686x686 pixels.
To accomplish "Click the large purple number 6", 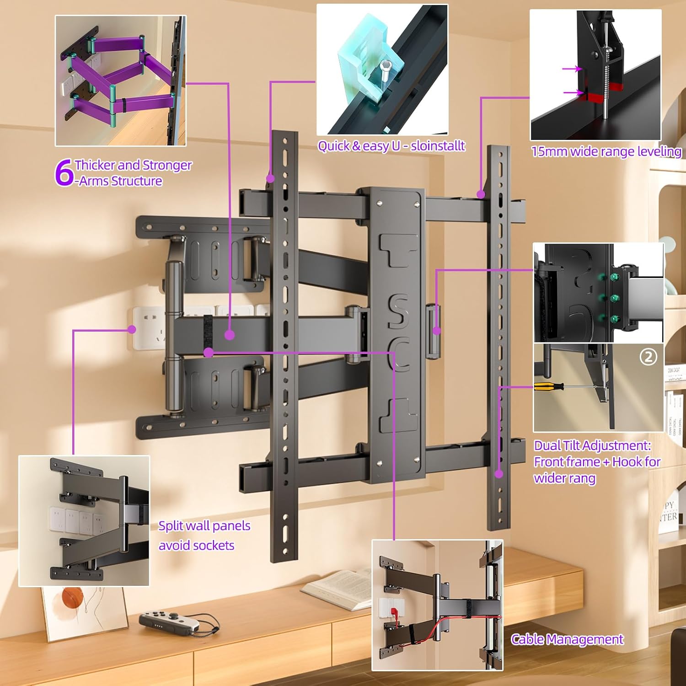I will click(x=64, y=173).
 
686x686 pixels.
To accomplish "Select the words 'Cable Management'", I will click(x=567, y=639).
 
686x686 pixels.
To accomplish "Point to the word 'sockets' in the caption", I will click(x=214, y=545).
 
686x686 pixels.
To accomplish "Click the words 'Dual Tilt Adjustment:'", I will click(x=592, y=445).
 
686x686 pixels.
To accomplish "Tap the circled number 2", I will click(x=648, y=357).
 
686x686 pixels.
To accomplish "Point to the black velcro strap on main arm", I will click(x=208, y=334).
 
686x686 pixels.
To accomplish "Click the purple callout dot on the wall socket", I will click(x=132, y=329).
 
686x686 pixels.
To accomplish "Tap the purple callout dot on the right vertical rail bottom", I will click(x=499, y=474).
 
